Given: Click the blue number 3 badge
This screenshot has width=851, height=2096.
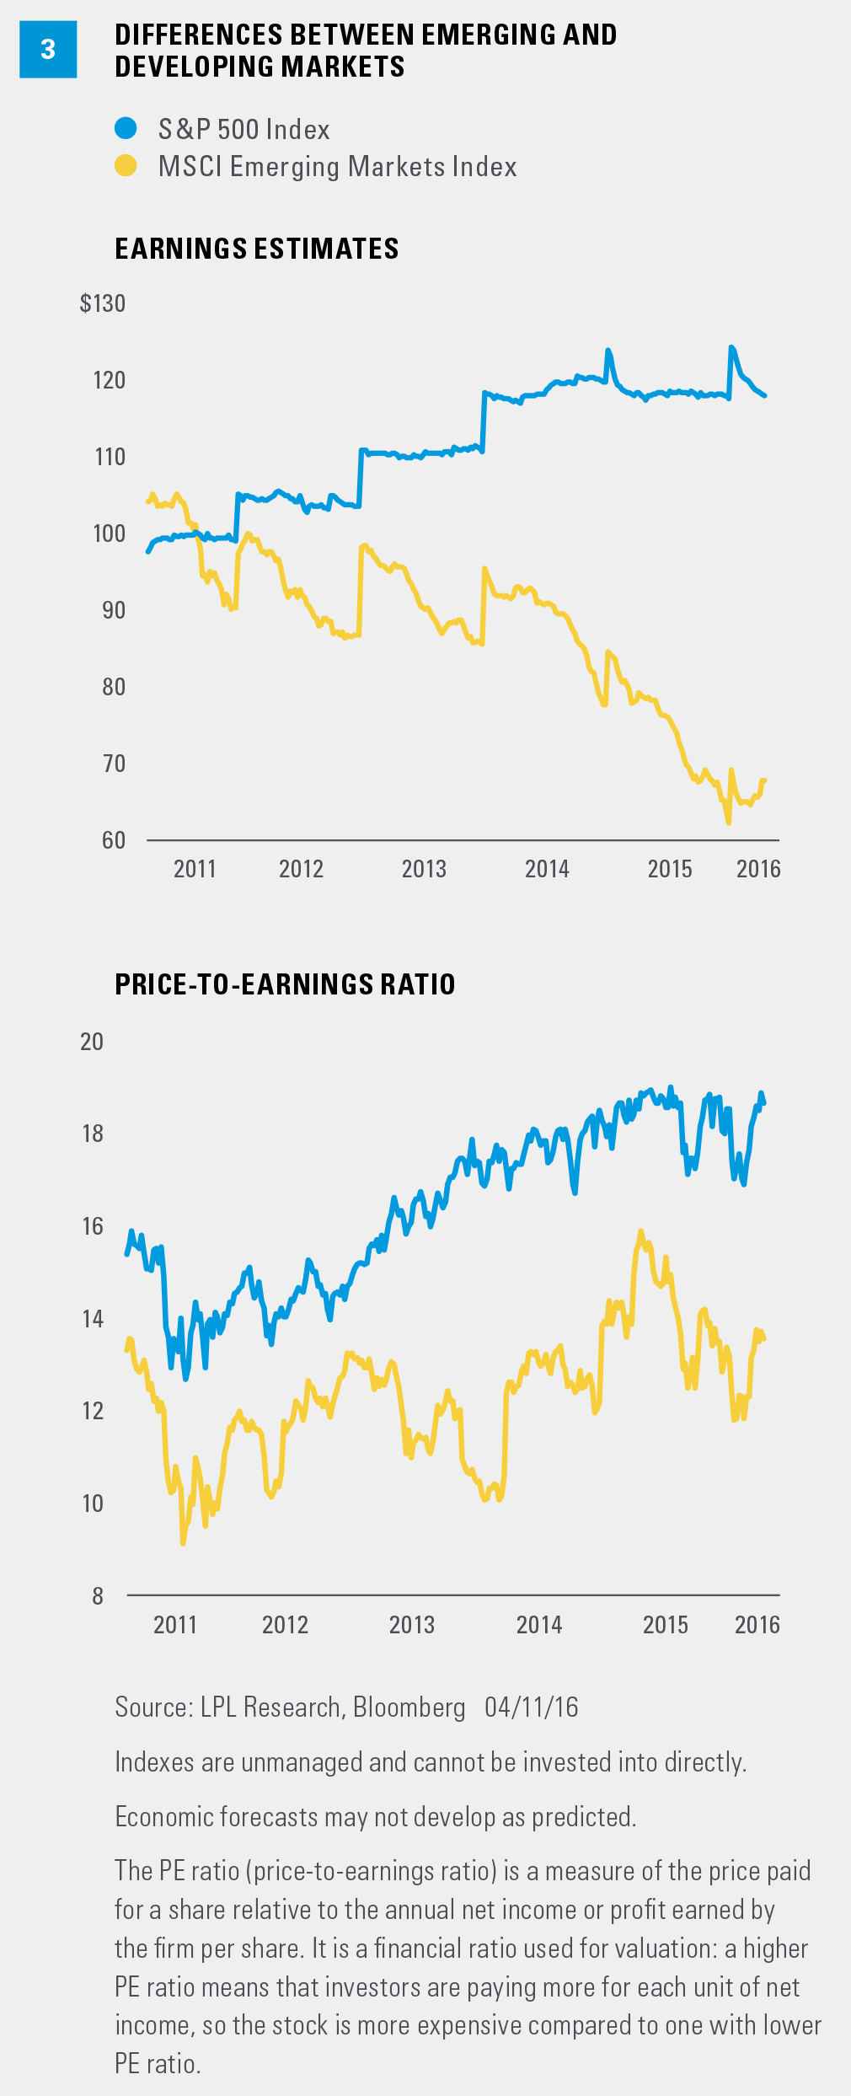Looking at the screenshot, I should pos(48,50).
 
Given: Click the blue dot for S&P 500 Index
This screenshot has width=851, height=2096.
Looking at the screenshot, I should pos(126,129).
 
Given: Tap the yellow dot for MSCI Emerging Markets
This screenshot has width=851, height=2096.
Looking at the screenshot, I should pos(126,166).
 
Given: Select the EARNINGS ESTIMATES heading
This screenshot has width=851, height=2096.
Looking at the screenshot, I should pos(256,249).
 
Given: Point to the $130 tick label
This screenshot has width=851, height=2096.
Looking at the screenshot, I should pos(103,303).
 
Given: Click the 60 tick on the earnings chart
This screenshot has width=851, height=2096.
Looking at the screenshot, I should pos(114,840).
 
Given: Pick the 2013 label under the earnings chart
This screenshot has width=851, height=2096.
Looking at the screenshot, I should pos(424,869).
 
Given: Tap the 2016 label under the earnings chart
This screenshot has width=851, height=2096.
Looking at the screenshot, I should pos(758,869).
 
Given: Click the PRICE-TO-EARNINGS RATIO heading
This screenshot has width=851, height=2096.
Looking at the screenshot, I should pos(285,984).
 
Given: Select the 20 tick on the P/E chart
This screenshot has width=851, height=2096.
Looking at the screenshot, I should pos(92,1042).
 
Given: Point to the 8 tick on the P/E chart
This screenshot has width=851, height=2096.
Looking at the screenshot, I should pos(98,1595).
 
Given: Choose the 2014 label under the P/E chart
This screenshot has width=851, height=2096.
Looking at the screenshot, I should pos(539,1625).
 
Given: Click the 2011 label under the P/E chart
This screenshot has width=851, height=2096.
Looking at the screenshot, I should pos(175,1625).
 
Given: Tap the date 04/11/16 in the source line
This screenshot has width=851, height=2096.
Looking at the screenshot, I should pos(532,1707).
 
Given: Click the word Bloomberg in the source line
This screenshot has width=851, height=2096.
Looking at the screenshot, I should pos(409,1707).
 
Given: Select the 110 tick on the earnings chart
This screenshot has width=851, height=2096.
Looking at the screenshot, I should pos(110,457).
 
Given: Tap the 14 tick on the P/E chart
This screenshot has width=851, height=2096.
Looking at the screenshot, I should pos(93,1318).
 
